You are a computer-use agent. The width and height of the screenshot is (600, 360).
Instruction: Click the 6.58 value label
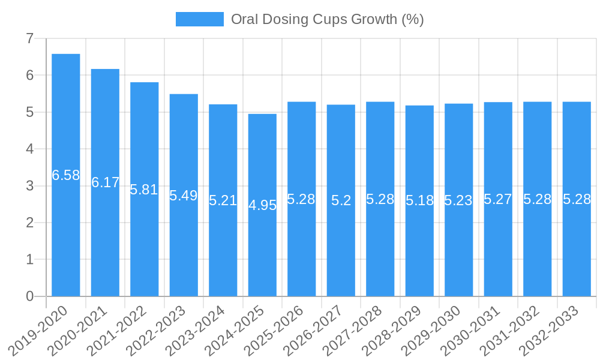(66, 175)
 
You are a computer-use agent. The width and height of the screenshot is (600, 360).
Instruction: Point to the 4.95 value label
(262, 205)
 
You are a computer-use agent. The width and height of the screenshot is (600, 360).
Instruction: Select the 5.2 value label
(341, 200)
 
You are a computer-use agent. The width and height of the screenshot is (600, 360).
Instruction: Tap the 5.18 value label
(419, 200)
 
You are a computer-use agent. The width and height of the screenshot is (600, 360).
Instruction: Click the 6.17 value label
(106, 182)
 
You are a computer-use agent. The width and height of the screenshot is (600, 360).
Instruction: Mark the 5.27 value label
(498, 199)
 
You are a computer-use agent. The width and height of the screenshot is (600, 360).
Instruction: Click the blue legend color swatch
(199, 19)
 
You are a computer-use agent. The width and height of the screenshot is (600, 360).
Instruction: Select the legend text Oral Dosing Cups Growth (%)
(327, 19)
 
